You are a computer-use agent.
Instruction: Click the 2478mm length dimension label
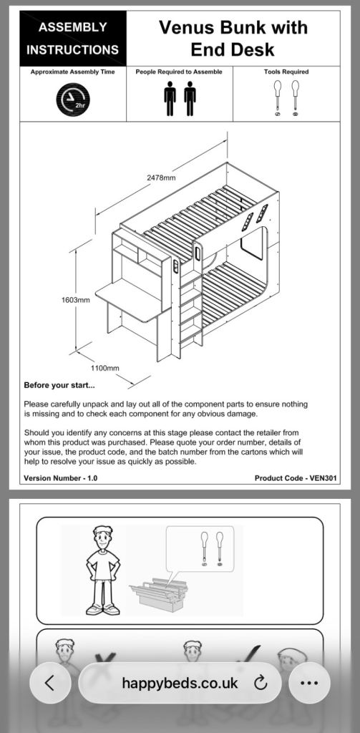[161, 178]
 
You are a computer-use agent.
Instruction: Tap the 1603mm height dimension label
[75, 300]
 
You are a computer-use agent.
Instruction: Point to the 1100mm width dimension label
[104, 369]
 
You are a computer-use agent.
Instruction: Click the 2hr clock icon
[73, 99]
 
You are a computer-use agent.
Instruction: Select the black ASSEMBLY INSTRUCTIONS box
[73, 39]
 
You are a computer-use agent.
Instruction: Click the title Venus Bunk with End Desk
[233, 39]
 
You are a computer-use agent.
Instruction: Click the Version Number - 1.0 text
[61, 477]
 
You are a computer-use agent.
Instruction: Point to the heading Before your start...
[59, 386]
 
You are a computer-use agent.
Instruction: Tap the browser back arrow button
[50, 683]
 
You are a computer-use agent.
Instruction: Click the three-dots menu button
[309, 683]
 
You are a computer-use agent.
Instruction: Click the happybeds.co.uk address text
[180, 683]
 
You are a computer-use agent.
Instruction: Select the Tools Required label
[286, 72]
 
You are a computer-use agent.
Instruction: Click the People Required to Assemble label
[179, 72]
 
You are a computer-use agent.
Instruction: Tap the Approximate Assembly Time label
[72, 72]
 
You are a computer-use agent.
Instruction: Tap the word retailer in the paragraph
[262, 432]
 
